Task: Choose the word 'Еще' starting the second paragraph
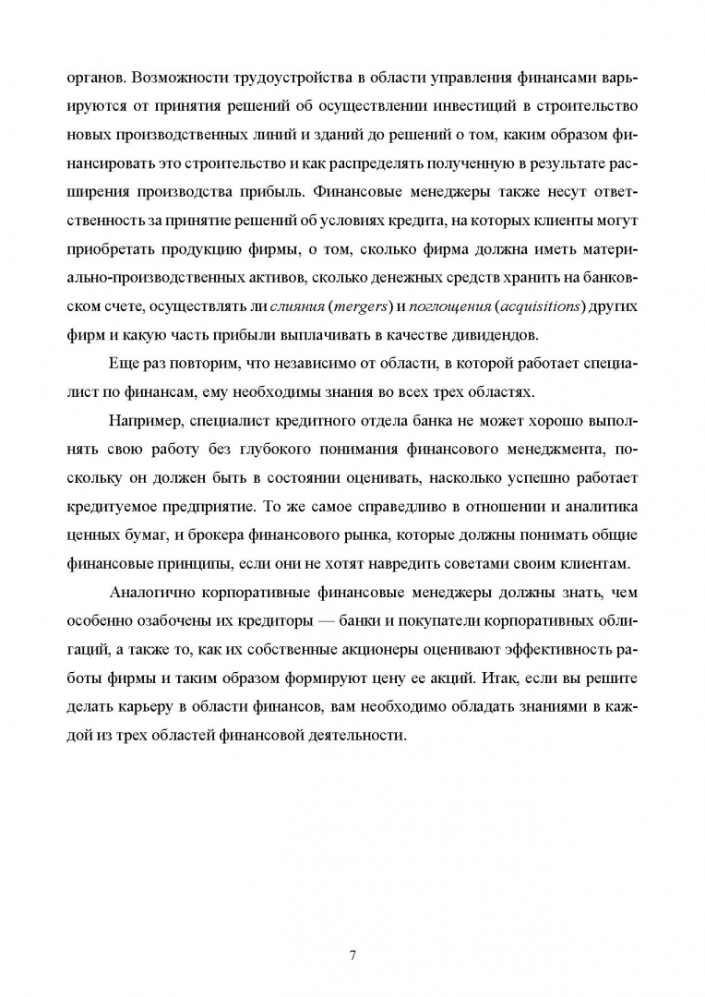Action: [123, 363]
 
